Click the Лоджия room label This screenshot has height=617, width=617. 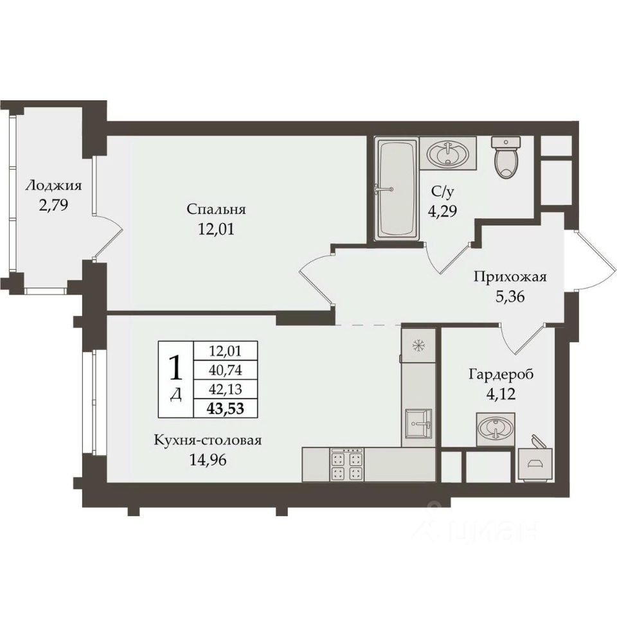[53, 185]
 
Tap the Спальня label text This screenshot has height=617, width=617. [216, 209]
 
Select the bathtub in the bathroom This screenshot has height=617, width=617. [397, 189]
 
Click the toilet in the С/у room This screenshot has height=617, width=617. [506, 157]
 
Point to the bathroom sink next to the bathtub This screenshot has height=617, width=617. [448, 153]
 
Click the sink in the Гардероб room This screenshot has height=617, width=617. [496, 429]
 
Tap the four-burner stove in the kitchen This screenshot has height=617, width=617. [346, 465]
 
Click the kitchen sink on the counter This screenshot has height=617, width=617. [418, 423]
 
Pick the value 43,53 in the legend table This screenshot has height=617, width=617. [226, 409]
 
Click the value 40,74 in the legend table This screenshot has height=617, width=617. [226, 370]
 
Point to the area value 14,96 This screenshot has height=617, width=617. [208, 460]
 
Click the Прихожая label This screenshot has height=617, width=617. [510, 276]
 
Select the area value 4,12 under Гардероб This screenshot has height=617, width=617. [501, 393]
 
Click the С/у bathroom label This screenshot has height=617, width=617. [442, 192]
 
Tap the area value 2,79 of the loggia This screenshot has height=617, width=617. [53, 205]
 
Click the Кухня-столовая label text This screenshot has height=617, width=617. [208, 440]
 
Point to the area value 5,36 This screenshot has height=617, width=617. [510, 296]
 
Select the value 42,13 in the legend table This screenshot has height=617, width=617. [226, 389]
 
